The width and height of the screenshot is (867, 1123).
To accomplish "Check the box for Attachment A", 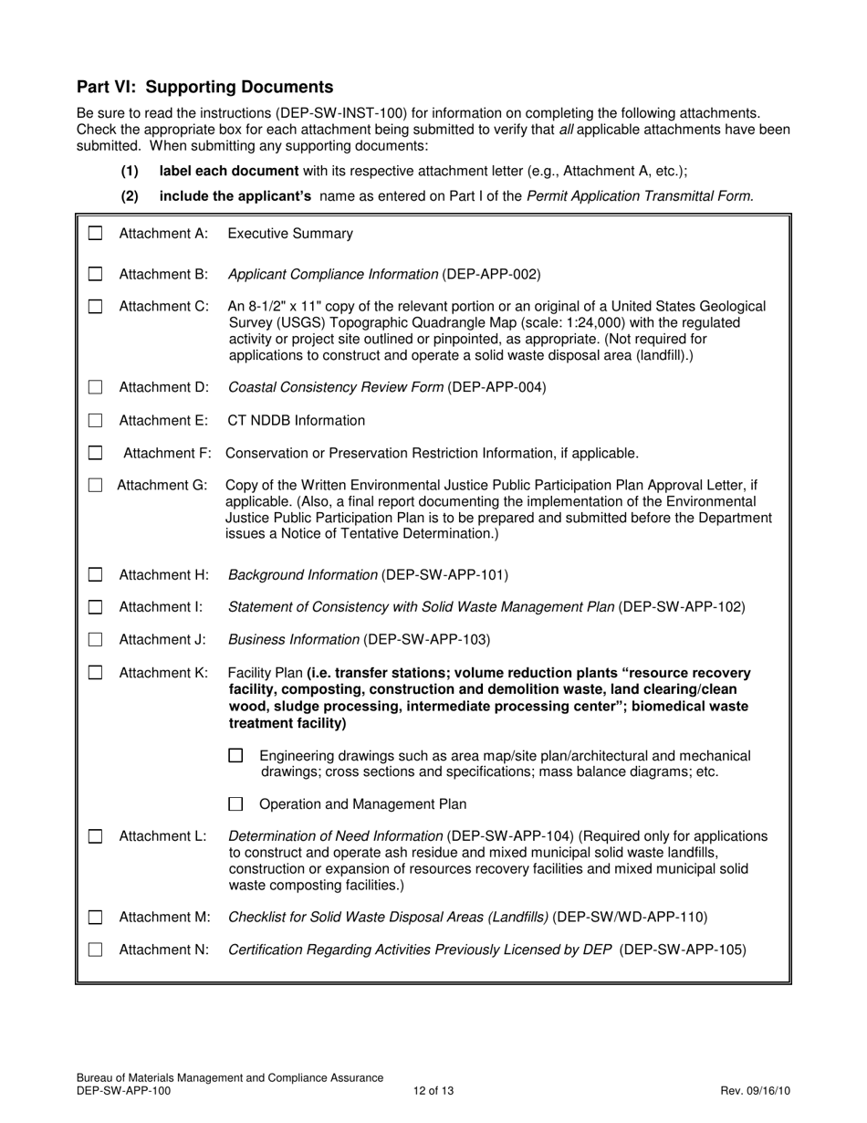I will click(95, 234).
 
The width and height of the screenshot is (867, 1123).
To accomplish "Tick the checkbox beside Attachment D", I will click(95, 387).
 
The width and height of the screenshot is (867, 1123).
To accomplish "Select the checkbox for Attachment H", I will click(95, 575).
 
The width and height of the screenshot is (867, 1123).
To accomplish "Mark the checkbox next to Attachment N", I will click(95, 950).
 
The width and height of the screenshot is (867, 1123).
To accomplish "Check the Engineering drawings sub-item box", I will click(235, 756).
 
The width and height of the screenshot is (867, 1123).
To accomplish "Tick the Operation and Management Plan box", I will click(235, 804).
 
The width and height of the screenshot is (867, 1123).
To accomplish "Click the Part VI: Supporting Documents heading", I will click(204, 87).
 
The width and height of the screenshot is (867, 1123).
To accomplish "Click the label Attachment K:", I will click(163, 673).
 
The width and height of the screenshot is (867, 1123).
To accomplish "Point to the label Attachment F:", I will click(167, 453).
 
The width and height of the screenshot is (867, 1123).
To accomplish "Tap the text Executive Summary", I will click(289, 234).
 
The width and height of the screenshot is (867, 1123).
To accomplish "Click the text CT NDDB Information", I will click(296, 421).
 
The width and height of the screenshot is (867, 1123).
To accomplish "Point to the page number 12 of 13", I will click(433, 1090).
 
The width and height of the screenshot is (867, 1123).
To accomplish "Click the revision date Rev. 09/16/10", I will click(755, 1090).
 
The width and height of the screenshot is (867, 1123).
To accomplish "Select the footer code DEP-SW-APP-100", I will click(123, 1090).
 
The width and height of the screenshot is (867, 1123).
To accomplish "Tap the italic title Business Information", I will click(293, 639).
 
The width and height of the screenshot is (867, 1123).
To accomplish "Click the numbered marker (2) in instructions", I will click(130, 195).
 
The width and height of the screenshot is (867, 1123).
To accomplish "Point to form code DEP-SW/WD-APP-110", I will click(630, 917).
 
